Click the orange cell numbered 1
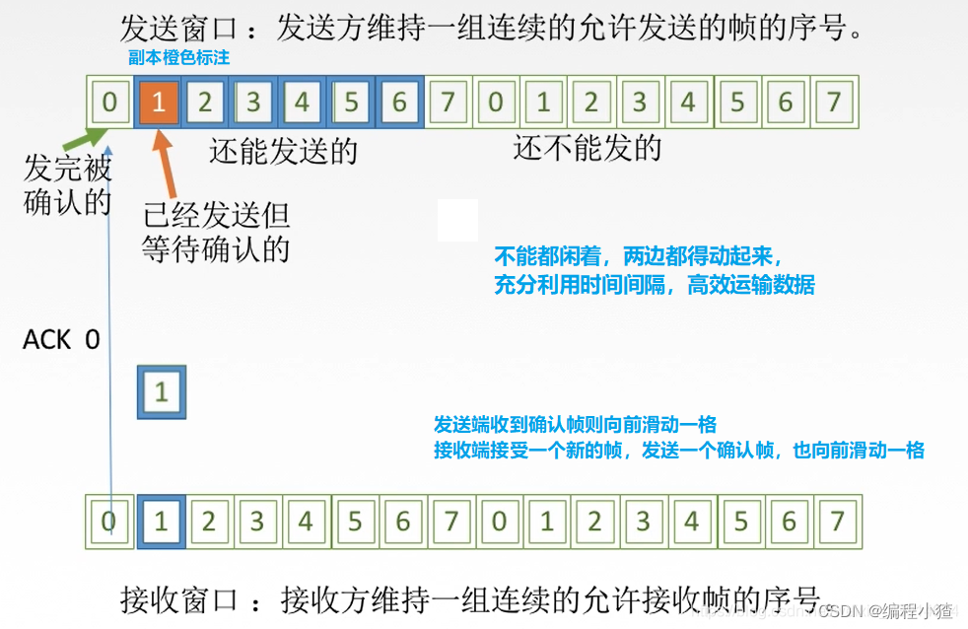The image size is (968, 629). tap(158, 103)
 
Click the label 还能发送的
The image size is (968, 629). tap(283, 152)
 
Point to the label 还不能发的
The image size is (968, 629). tap(587, 149)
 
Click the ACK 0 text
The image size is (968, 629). tap(61, 340)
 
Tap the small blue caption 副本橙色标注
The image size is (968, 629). tap(178, 58)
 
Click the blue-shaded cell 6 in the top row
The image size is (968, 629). tap(399, 103)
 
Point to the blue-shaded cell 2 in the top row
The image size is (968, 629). tap(205, 103)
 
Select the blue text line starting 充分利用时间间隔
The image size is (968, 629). tap(655, 285)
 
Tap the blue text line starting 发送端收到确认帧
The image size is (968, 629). tap(575, 425)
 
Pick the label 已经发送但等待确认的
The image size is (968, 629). tap(216, 233)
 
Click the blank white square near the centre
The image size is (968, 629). tap(457, 220)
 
